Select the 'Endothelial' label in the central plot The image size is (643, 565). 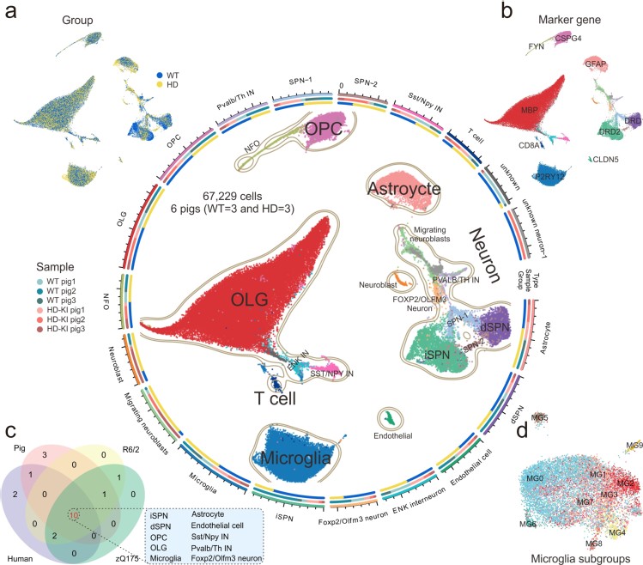click(394, 436)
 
